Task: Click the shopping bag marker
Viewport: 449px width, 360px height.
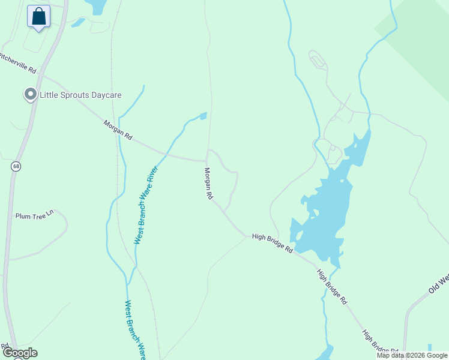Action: click(x=39, y=16)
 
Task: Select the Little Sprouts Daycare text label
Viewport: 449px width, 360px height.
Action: click(x=80, y=95)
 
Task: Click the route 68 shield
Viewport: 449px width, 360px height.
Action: click(x=16, y=166)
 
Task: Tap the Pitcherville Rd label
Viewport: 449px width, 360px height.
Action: click(x=17, y=62)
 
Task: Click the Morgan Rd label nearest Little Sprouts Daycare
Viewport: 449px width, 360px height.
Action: click(x=118, y=130)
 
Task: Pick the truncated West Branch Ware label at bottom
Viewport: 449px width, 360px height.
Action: click(x=135, y=329)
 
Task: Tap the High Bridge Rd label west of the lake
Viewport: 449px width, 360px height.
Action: click(x=272, y=242)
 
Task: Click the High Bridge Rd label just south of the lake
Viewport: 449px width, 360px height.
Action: click(x=332, y=287)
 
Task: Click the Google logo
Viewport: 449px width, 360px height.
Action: click(x=20, y=353)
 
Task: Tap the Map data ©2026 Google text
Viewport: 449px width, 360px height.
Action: click(x=412, y=355)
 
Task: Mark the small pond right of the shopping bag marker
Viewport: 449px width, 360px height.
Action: click(x=96, y=6)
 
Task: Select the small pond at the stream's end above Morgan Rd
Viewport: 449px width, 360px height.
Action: click(x=203, y=115)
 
